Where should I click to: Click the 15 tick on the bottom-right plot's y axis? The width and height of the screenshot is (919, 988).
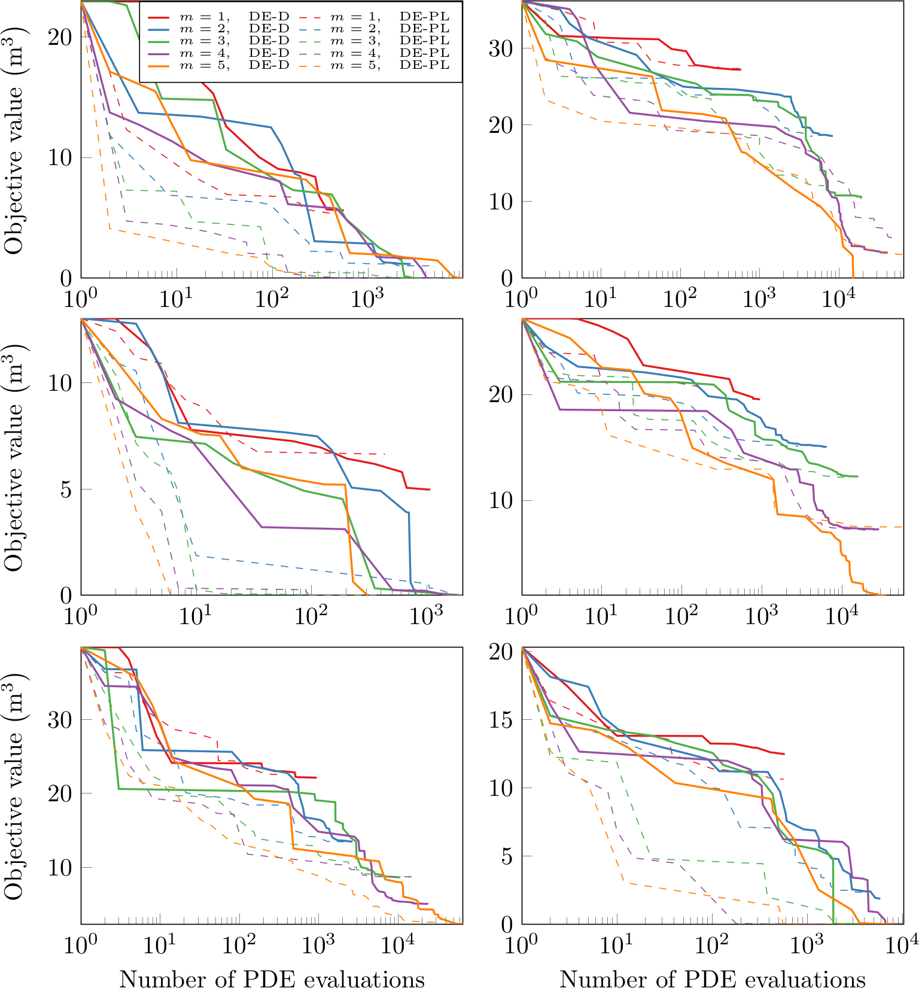coord(501,719)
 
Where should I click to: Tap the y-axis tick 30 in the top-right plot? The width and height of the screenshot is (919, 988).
coord(501,48)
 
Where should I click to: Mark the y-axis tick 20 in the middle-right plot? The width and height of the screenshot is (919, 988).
coord(501,395)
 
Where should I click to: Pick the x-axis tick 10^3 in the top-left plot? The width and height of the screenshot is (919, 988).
coord(367,298)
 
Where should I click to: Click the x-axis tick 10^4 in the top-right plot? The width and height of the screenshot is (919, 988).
coord(838,298)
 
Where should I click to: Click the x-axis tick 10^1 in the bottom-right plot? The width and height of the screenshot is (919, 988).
coord(616,944)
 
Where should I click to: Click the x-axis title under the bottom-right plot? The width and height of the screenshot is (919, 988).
coord(712,978)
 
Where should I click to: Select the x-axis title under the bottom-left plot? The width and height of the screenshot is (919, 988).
coord(272,978)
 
